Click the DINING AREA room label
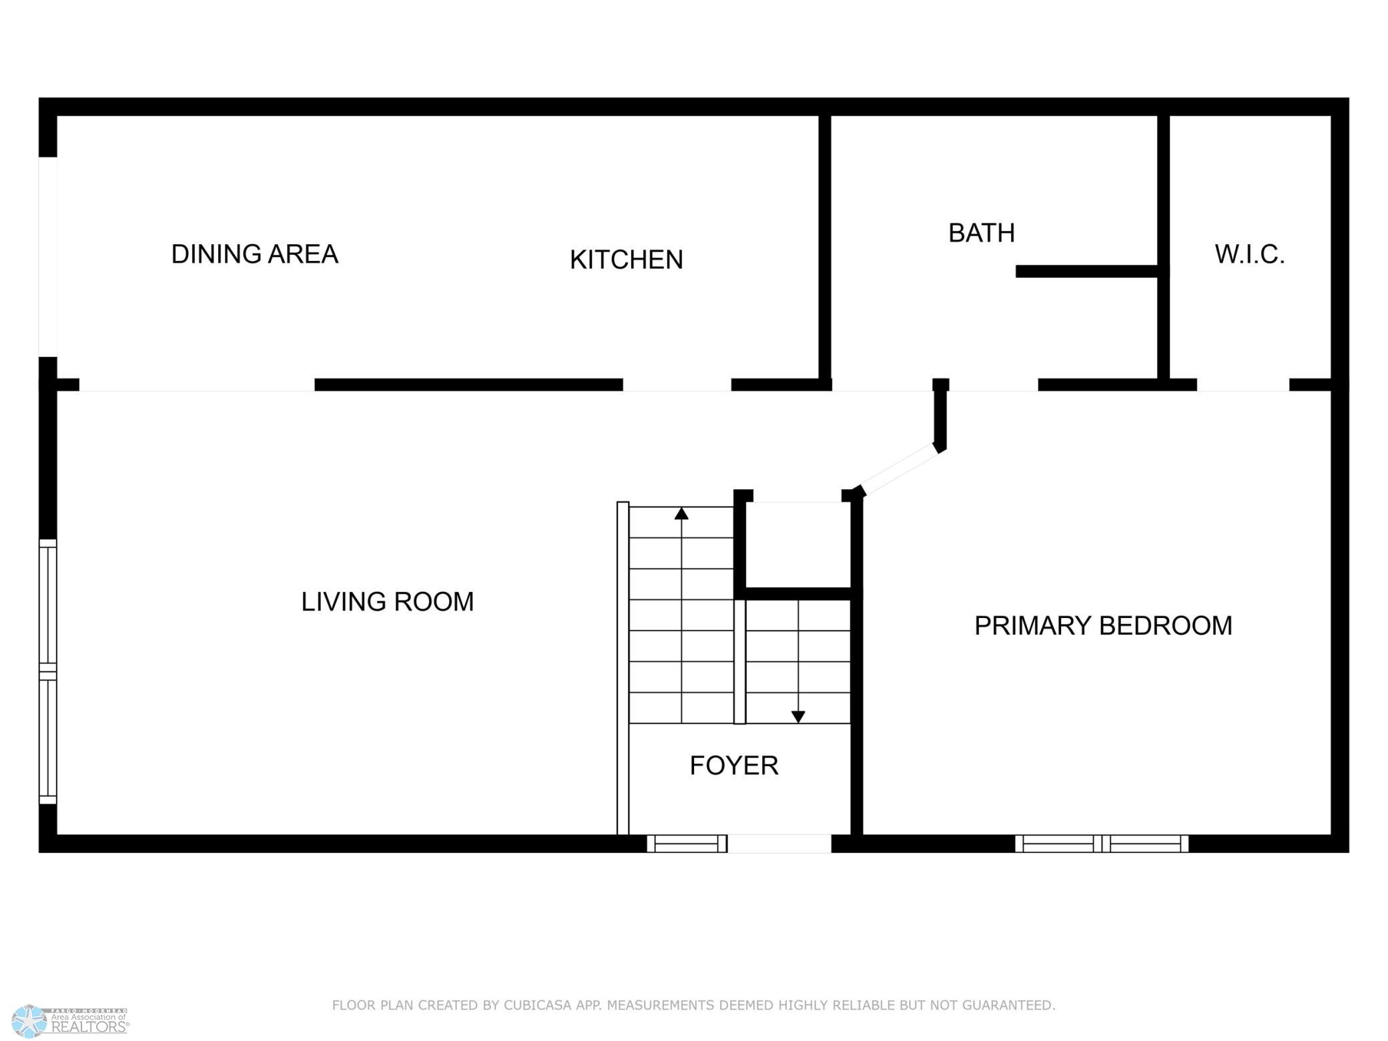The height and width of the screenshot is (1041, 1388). (x=254, y=254)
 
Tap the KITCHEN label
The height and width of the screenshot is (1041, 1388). (x=626, y=260)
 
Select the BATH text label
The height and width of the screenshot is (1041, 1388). (x=982, y=233)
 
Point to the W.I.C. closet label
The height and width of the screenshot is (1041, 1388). (x=1249, y=254)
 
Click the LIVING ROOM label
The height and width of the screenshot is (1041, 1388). (x=388, y=602)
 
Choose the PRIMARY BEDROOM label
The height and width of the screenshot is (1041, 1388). (x=1103, y=626)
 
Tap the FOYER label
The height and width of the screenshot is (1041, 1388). (x=734, y=765)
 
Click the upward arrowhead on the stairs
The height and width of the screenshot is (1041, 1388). (x=681, y=513)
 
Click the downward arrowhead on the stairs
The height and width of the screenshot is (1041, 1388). (x=798, y=717)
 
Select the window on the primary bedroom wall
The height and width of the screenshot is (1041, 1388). (x=1102, y=843)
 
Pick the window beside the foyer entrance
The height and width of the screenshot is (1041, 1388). (x=687, y=843)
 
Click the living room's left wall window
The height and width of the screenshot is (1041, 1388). (x=48, y=671)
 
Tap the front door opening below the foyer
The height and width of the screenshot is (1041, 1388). (x=779, y=843)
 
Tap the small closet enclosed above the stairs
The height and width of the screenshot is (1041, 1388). (x=798, y=545)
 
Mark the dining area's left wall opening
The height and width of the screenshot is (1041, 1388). (x=48, y=257)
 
